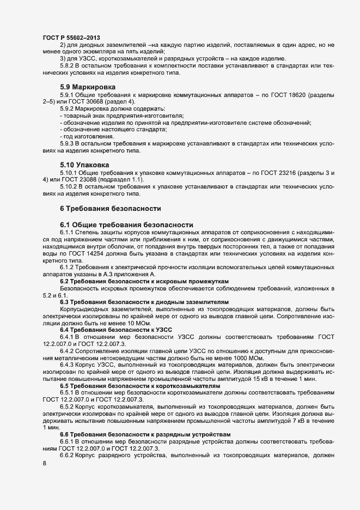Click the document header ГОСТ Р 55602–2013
coord(71,37)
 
